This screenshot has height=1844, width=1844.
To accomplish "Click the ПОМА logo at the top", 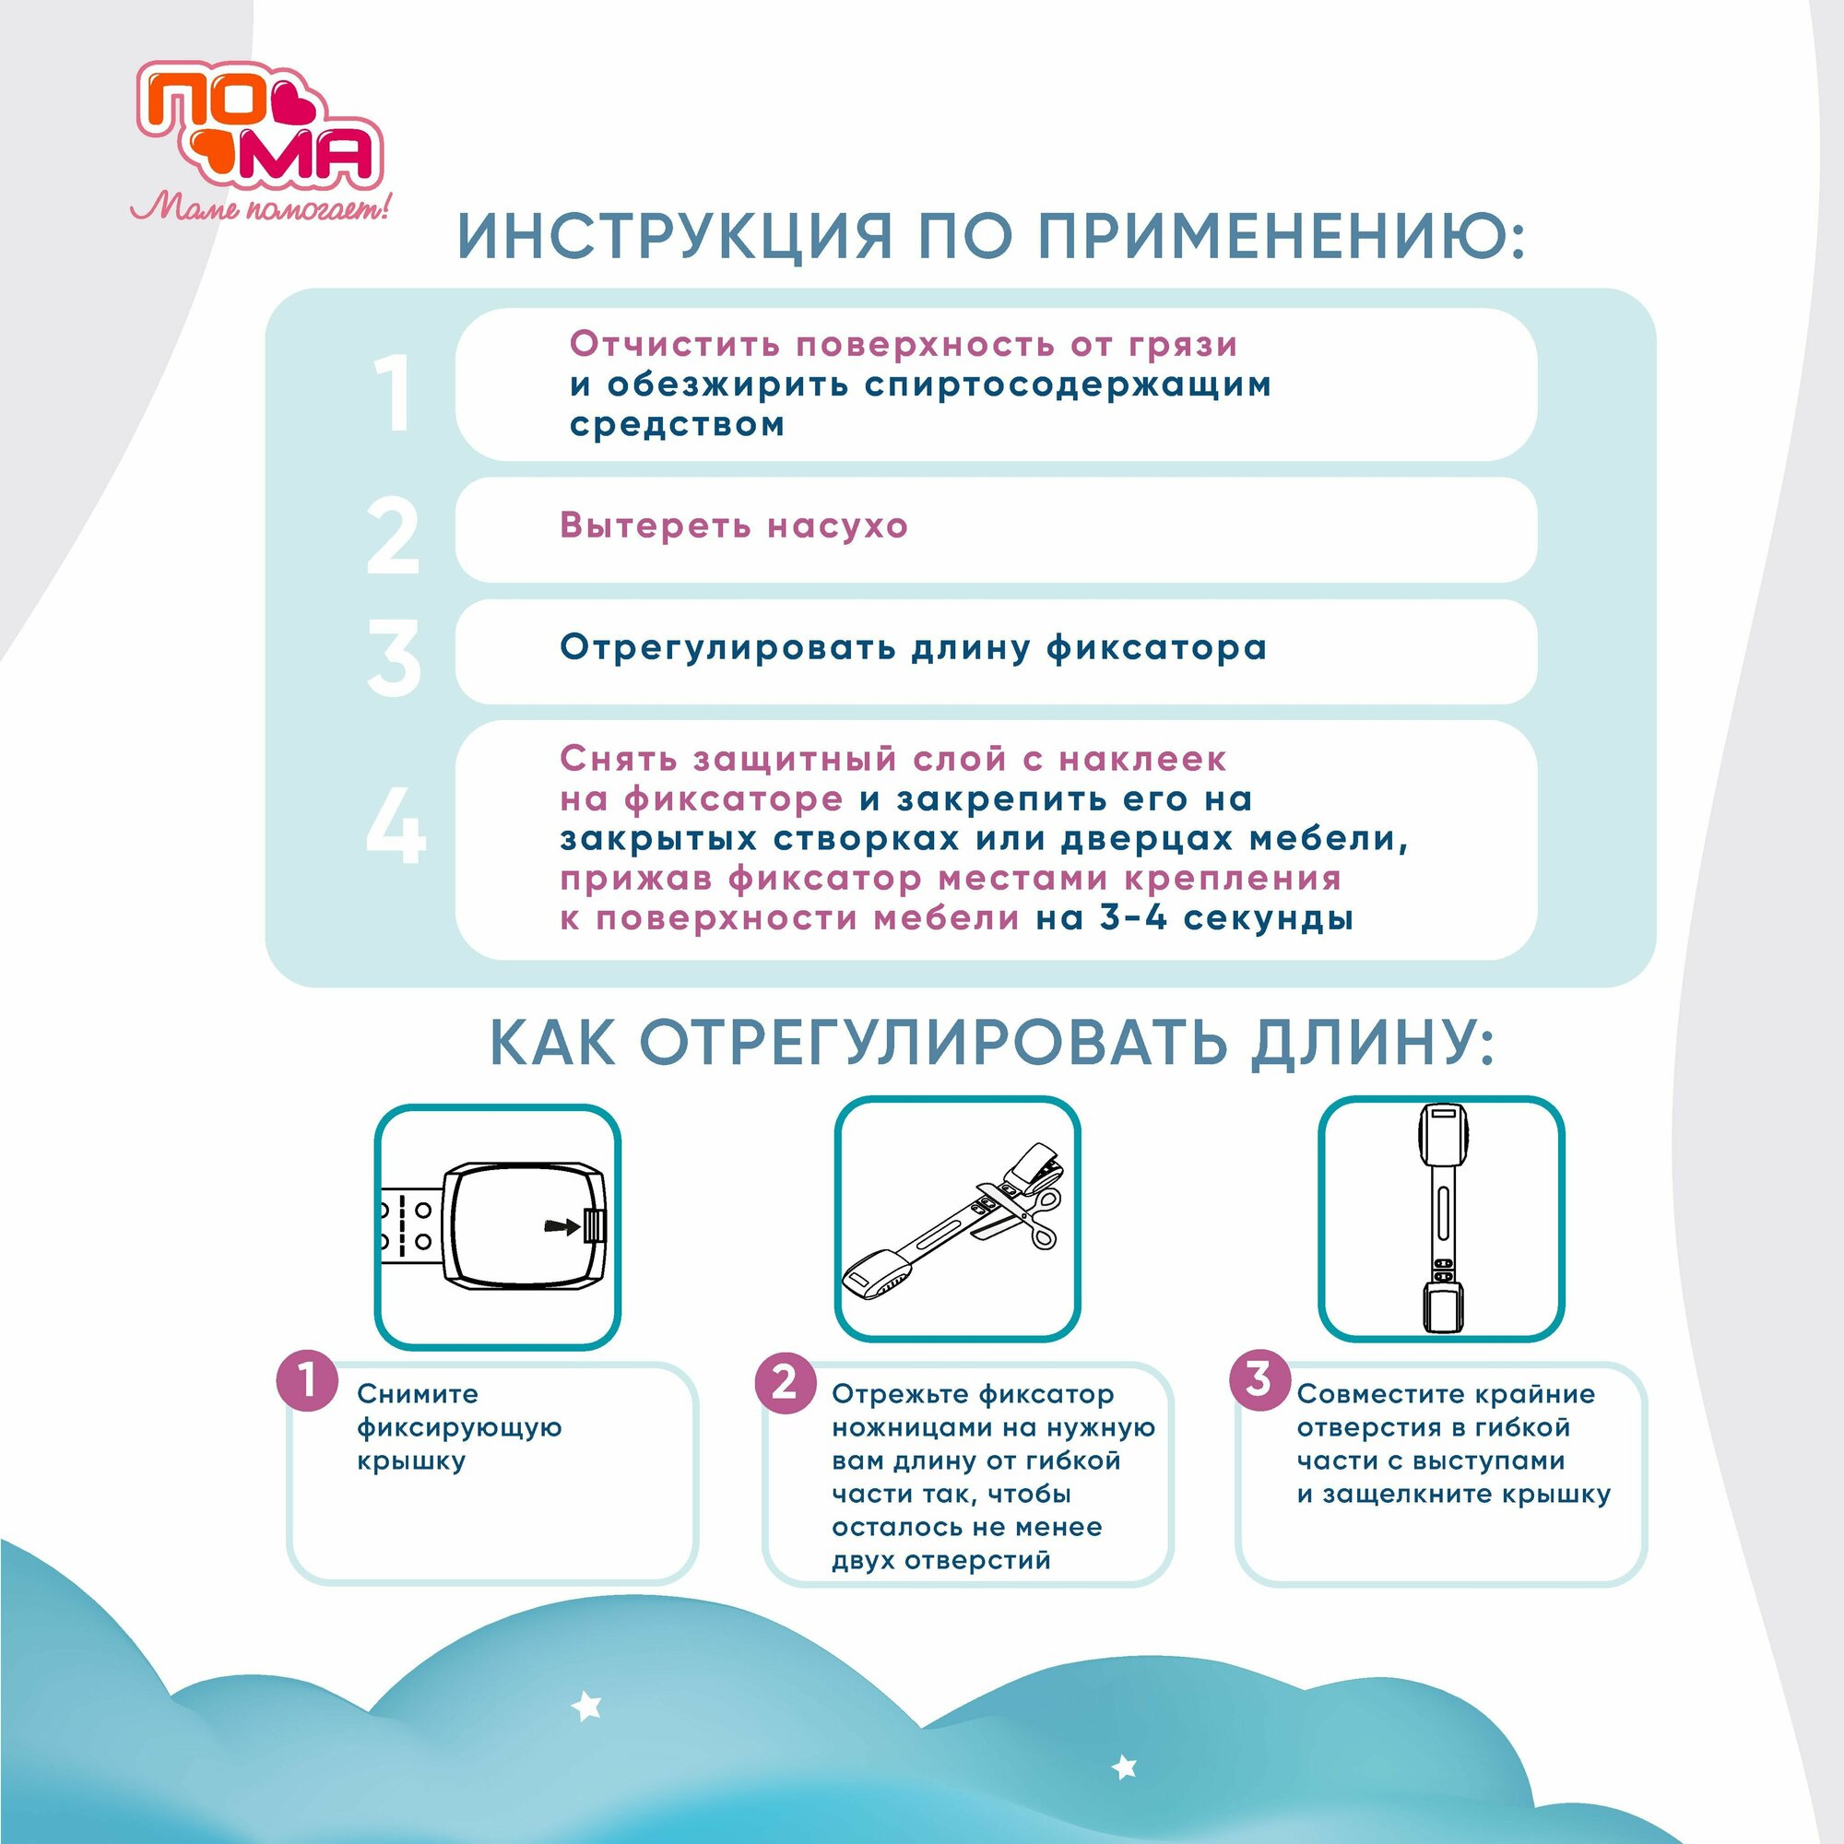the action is click(x=259, y=126).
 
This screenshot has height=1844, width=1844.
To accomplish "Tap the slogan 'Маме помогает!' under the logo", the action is click(x=260, y=207).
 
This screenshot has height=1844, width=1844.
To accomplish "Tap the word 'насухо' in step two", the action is click(x=838, y=526).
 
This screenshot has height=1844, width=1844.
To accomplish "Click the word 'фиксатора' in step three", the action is click(x=1157, y=648).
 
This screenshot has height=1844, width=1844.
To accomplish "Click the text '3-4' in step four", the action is click(x=1134, y=917).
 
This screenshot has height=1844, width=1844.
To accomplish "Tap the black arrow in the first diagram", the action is click(x=561, y=1226).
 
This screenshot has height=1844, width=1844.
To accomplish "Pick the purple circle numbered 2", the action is click(x=785, y=1382).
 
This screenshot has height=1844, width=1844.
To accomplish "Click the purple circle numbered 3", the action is click(x=1259, y=1379).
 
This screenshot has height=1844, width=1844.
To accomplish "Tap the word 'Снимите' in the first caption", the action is click(x=418, y=1393).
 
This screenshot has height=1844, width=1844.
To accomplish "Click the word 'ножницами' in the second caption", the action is click(x=914, y=1428).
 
